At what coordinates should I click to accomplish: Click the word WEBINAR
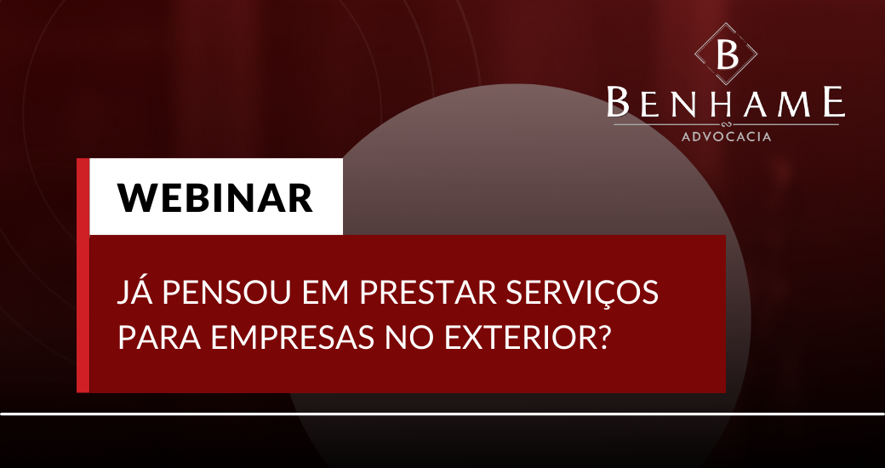pos(215,197)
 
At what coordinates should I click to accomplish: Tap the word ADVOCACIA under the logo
pos(726,137)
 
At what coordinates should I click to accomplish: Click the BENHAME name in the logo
pos(726,103)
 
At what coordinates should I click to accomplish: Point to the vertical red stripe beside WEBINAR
pos(83,275)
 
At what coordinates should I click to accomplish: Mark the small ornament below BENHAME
pos(726,123)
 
